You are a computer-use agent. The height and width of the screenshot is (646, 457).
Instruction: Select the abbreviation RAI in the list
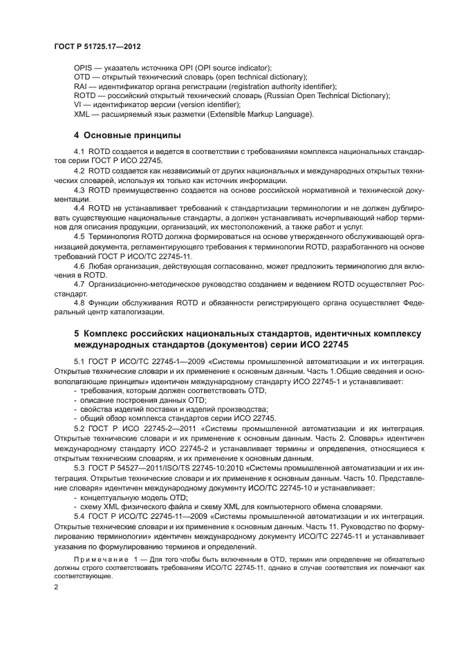(81, 86)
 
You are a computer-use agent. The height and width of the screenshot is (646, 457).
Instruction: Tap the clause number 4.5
(80, 236)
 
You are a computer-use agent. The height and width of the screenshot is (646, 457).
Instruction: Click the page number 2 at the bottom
(57, 587)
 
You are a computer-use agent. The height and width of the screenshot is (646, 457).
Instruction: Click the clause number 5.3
(80, 466)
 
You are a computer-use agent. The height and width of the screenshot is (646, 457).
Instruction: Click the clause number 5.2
(80, 428)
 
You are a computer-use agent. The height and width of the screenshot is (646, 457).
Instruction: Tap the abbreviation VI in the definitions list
(77, 104)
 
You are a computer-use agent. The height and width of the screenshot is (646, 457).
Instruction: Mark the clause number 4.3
(80, 189)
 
